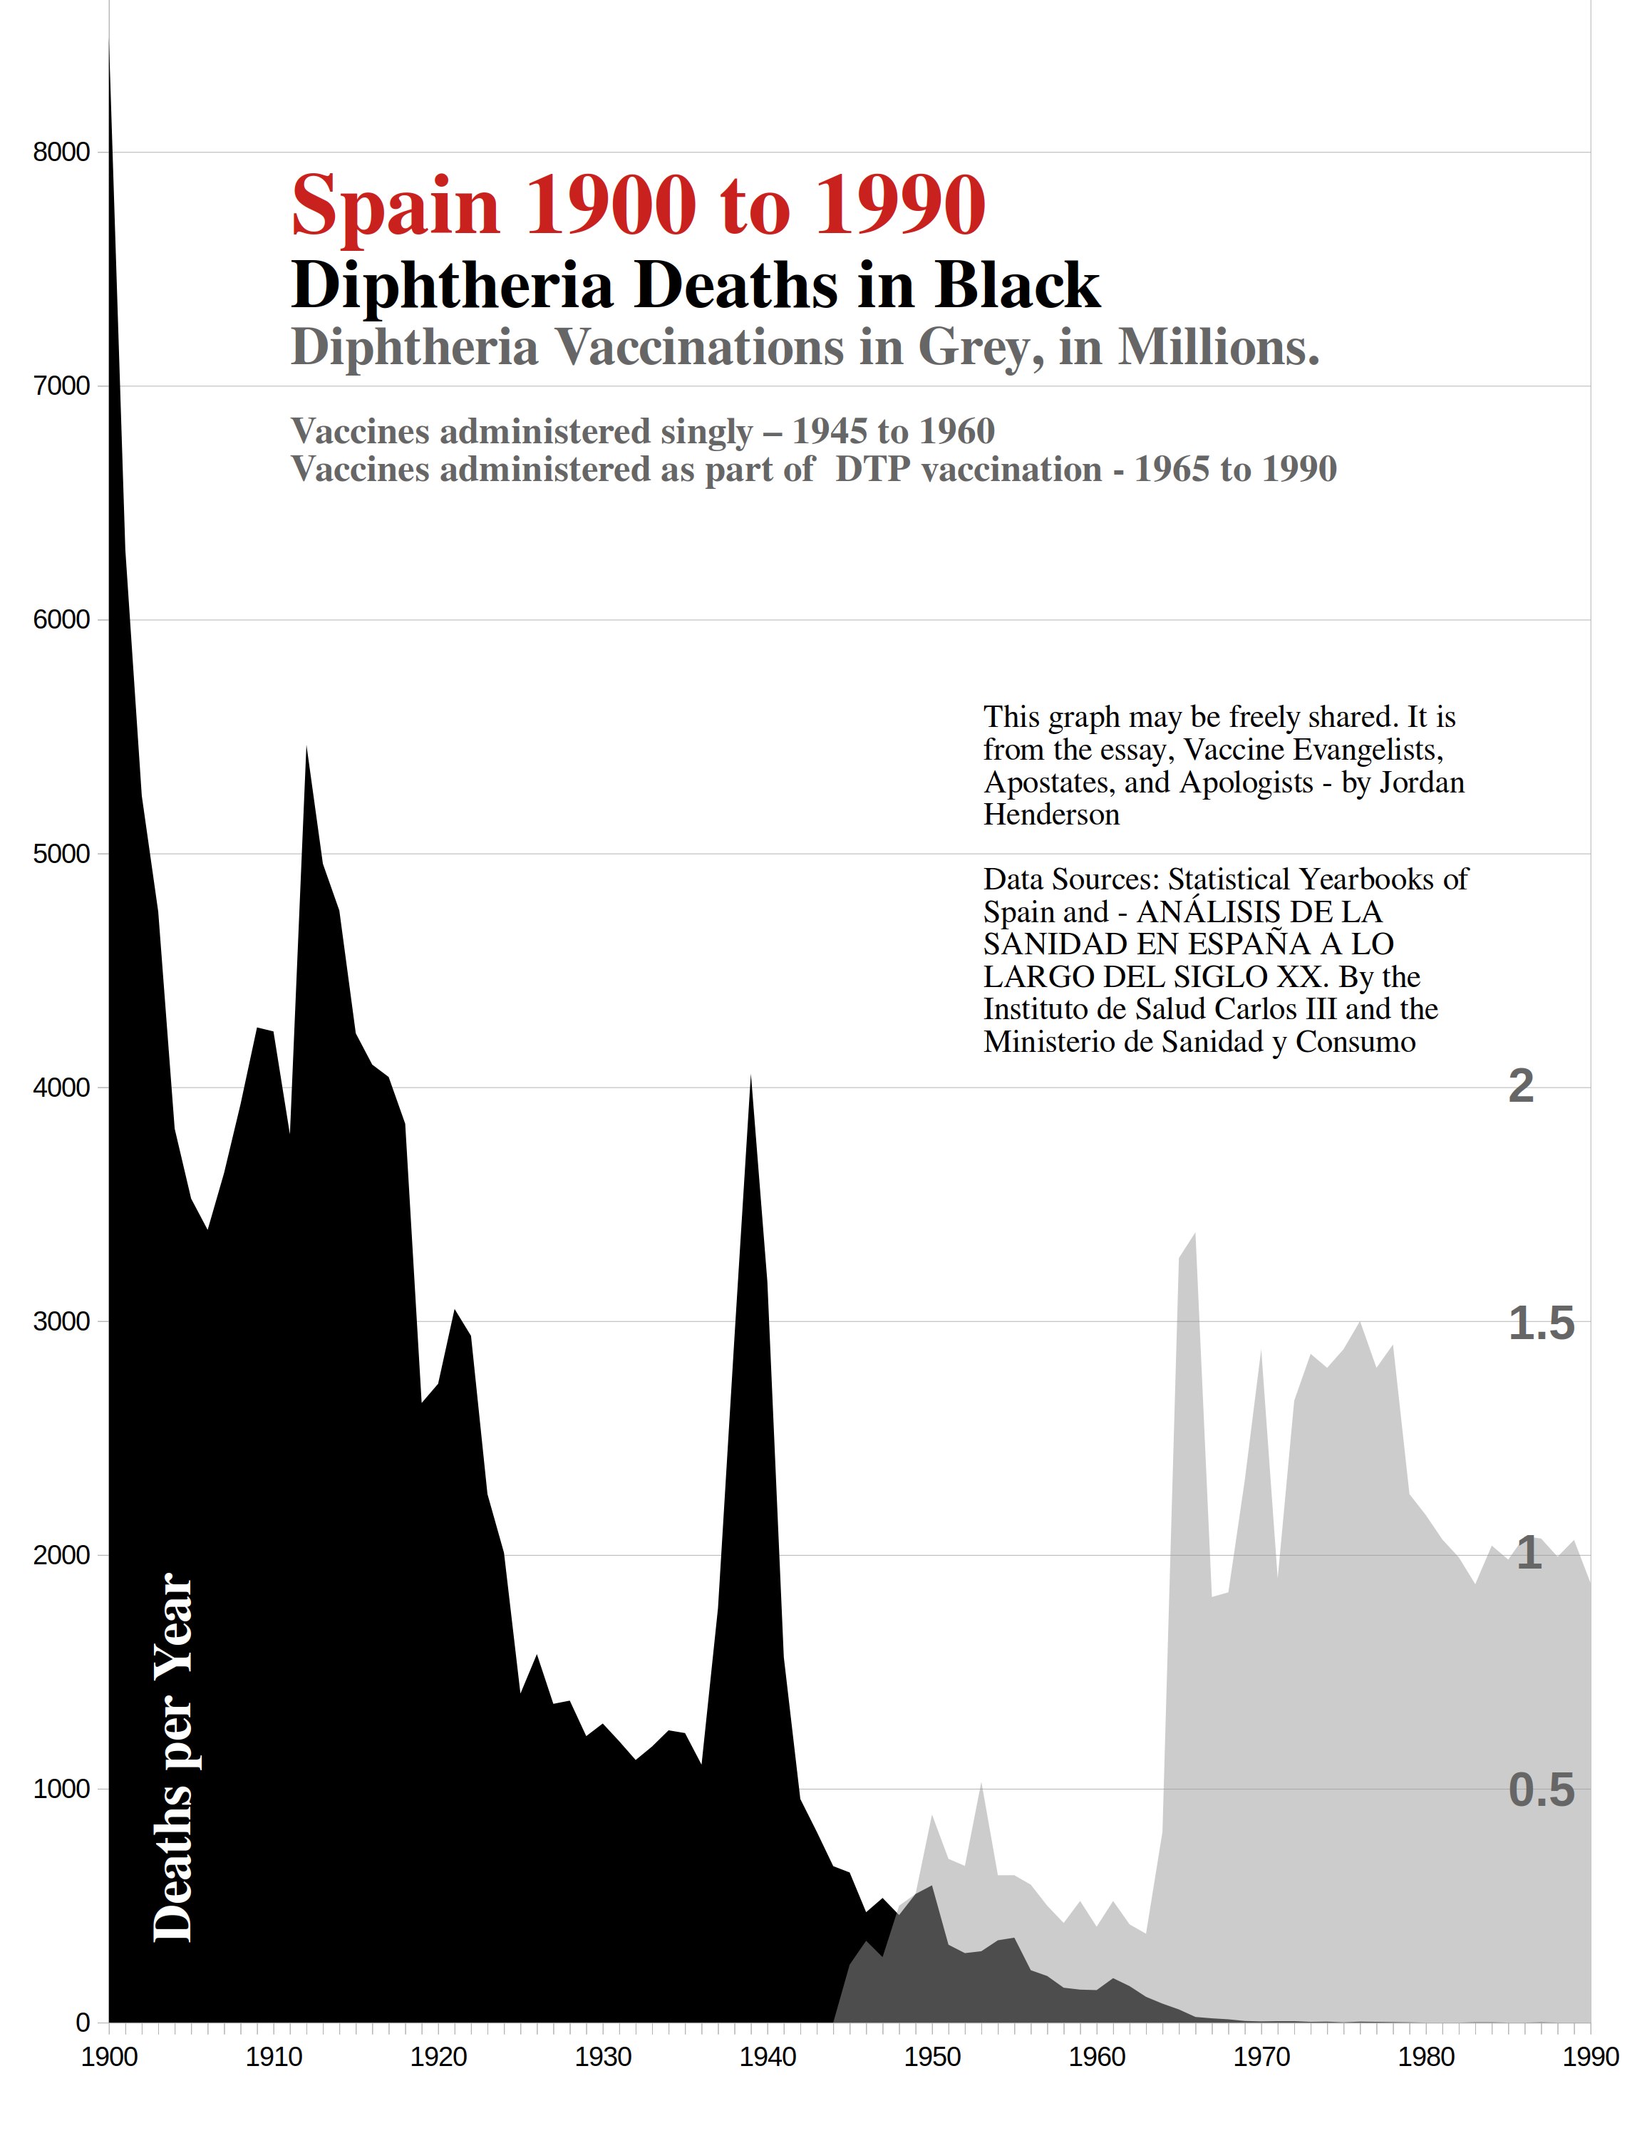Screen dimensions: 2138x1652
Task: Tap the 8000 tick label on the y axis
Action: tap(61, 153)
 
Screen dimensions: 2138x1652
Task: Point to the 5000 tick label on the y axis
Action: tap(61, 854)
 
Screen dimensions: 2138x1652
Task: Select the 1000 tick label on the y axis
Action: tap(61, 1790)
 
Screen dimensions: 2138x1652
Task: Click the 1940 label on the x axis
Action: tap(768, 2057)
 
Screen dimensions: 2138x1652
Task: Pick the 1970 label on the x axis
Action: tap(1261, 2057)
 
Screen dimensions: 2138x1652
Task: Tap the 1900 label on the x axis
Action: tap(108, 2057)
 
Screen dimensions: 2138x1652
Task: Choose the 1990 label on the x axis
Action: tap(1590, 2057)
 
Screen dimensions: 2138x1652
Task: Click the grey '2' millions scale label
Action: tap(1520, 1085)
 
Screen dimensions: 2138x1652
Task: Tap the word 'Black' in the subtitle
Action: tap(1018, 286)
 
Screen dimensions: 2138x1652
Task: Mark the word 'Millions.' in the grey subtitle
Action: tap(1219, 348)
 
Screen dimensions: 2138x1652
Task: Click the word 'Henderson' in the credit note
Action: tap(1051, 815)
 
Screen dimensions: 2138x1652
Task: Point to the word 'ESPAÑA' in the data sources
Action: tap(1278, 945)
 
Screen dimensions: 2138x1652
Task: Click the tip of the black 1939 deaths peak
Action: tap(750, 1077)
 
